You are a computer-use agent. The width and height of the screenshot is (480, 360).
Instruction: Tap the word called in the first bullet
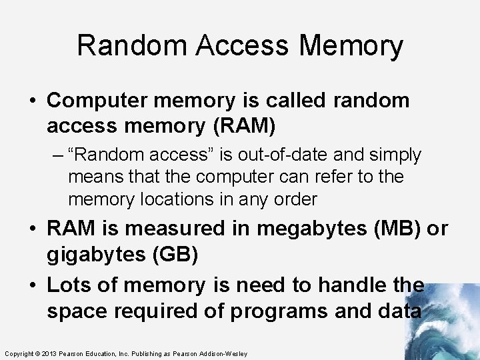285,101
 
